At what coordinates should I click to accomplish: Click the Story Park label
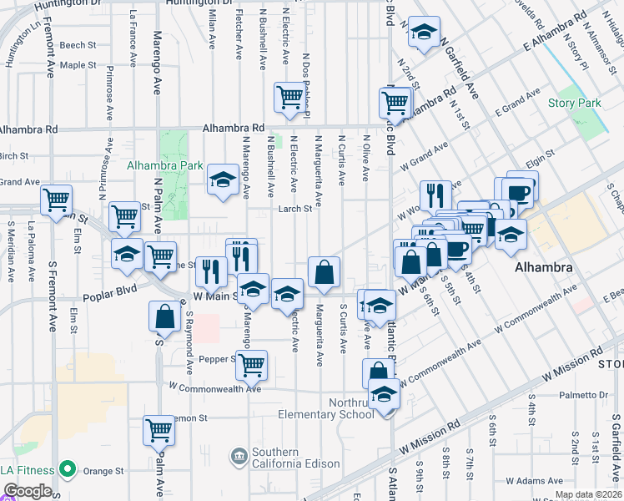(574, 103)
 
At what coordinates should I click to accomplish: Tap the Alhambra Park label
(164, 165)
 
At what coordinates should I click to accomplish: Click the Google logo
(27, 492)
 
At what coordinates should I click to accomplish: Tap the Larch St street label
(294, 209)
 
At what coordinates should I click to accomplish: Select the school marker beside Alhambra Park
(223, 179)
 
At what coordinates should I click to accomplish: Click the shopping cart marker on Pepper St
(251, 363)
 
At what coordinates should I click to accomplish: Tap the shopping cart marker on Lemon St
(159, 430)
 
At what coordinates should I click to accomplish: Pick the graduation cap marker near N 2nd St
(424, 33)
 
